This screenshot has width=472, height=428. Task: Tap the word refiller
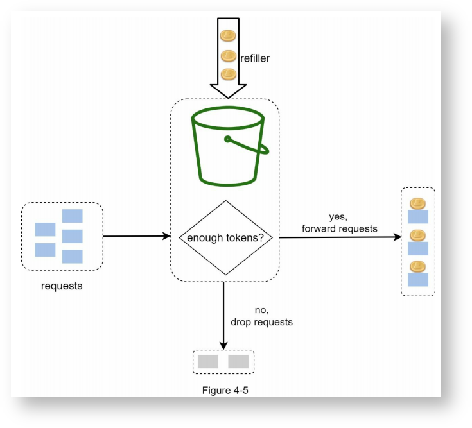(x=255, y=58)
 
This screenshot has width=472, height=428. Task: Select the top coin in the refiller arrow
(x=228, y=35)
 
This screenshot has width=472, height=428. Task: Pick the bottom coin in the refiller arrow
(x=228, y=74)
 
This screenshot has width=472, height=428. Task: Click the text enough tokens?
(x=225, y=238)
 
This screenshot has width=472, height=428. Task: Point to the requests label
(x=62, y=286)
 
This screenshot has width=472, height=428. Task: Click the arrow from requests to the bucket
(x=136, y=236)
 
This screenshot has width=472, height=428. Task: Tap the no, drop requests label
(x=261, y=316)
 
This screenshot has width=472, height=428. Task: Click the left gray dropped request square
(x=207, y=361)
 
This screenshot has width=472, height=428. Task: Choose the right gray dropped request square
(x=238, y=361)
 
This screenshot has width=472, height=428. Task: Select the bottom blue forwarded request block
(x=418, y=280)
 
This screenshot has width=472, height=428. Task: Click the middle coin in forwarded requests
(x=418, y=235)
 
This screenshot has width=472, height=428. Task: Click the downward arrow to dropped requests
(x=223, y=314)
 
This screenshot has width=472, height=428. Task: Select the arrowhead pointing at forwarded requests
(x=397, y=237)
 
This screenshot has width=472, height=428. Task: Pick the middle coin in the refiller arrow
(x=228, y=56)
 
